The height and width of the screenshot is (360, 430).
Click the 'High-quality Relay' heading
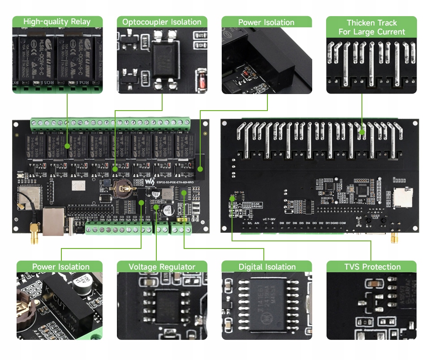pos(57,21)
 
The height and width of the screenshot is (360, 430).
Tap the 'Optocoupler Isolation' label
pos(162,21)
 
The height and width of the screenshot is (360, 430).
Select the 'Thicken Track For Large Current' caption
pos(371,27)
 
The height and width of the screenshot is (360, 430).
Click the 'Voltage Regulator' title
pos(162,267)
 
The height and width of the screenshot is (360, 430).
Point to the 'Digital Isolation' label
pos(267,267)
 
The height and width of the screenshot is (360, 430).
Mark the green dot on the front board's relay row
pos(67,146)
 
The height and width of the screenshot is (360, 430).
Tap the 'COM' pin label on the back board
pos(343,223)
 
